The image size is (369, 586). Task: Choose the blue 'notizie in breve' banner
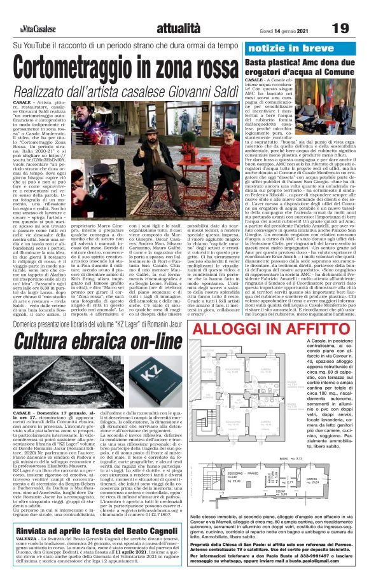click(284, 48)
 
